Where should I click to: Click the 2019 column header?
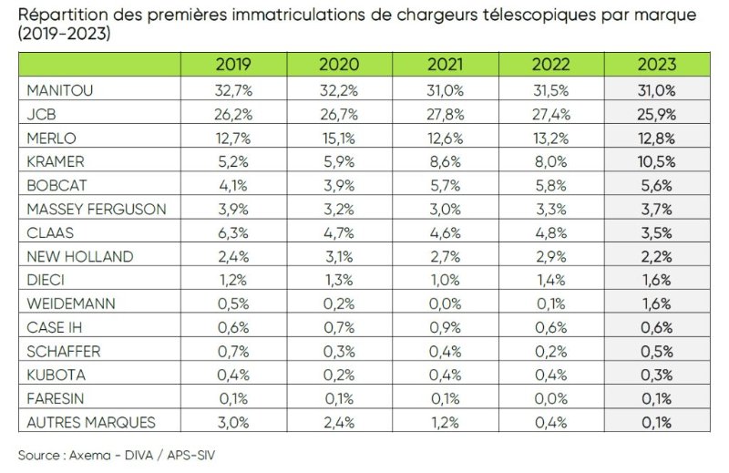[233, 65]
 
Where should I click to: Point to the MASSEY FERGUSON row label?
[96, 209]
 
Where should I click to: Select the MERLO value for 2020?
[339, 138]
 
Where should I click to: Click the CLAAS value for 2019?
[233, 232]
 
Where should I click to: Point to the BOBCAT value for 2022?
[552, 185]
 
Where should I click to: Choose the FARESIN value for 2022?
[552, 398]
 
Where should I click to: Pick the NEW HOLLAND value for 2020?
[339, 256]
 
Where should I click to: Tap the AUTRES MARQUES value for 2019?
[233, 422]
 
